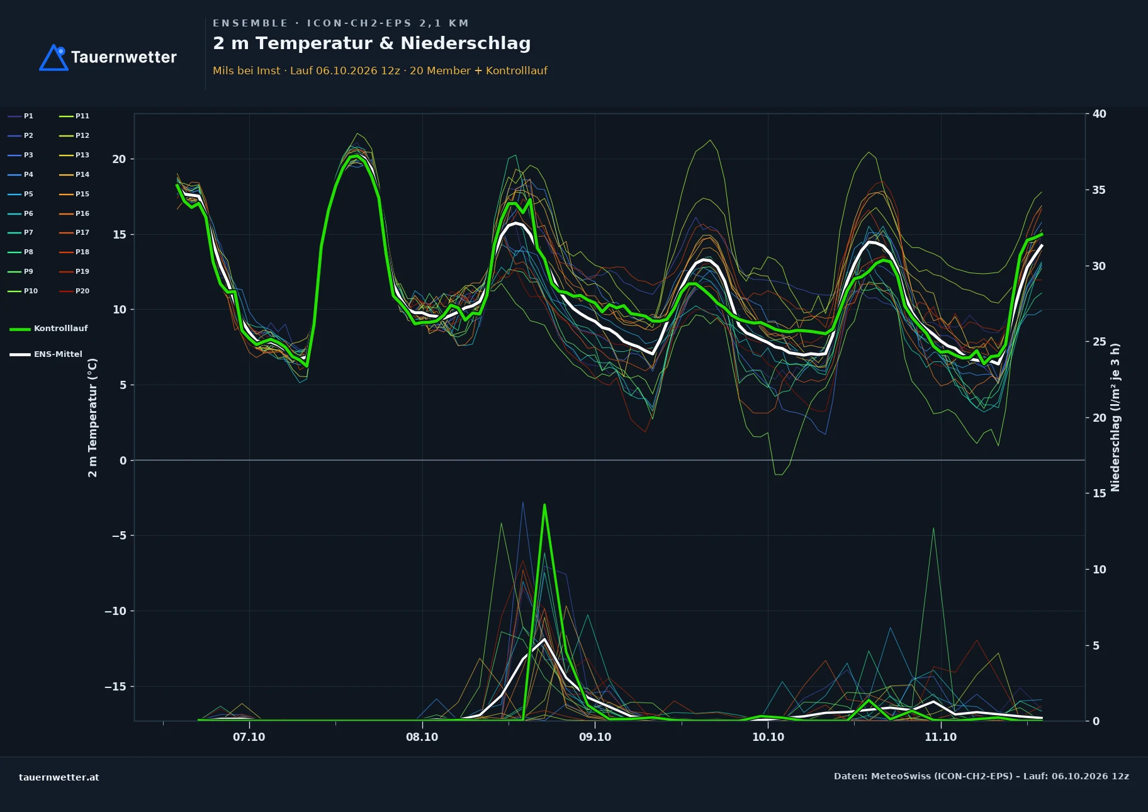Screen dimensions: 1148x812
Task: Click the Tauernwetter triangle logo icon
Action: coord(54,57)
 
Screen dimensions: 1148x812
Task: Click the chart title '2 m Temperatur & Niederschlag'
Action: coord(371,43)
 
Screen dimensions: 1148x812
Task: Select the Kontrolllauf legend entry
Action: coord(48,329)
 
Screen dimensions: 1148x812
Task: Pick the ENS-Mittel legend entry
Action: coord(46,354)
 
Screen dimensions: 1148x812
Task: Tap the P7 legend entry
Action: coord(21,233)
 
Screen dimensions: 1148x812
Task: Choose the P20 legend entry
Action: coord(74,291)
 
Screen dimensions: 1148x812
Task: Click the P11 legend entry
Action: coord(74,116)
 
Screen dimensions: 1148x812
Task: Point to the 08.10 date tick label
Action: coord(422,737)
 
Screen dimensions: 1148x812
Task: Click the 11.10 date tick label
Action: coord(940,737)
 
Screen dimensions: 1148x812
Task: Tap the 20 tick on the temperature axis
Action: coord(119,159)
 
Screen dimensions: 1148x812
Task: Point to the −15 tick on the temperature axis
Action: coord(115,687)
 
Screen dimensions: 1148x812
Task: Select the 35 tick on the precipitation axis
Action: coord(1099,190)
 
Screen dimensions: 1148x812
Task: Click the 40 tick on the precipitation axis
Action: coord(1099,114)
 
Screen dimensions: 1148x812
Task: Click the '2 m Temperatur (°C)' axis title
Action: coord(93,418)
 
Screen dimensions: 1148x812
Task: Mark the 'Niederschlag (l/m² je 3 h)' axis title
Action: coord(1115,417)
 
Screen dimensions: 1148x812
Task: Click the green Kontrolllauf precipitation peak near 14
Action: coord(544,505)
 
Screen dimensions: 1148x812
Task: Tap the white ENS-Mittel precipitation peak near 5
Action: coord(544,640)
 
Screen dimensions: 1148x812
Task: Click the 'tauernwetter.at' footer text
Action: coord(59,777)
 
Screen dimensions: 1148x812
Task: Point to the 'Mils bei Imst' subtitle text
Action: coord(247,70)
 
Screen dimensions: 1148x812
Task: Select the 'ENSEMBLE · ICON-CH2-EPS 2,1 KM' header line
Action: coord(340,23)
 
